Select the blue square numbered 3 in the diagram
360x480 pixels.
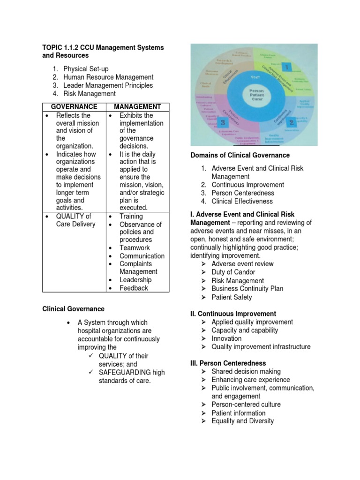click(223, 122)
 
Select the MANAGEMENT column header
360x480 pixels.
click(137, 107)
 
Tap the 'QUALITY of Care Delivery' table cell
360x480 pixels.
click(75, 220)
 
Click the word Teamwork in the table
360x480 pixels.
click(135, 247)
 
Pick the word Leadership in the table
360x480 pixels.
click(135, 280)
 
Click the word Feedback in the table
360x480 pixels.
click(134, 288)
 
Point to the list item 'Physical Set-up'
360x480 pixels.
click(86, 69)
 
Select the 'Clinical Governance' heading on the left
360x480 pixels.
click(74, 309)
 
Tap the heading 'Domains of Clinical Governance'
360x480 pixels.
click(240, 155)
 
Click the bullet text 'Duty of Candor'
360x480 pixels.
click(233, 272)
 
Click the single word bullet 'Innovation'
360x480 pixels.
click(226, 338)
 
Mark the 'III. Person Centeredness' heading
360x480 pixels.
click(228, 363)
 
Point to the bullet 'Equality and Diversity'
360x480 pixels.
click(243, 421)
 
